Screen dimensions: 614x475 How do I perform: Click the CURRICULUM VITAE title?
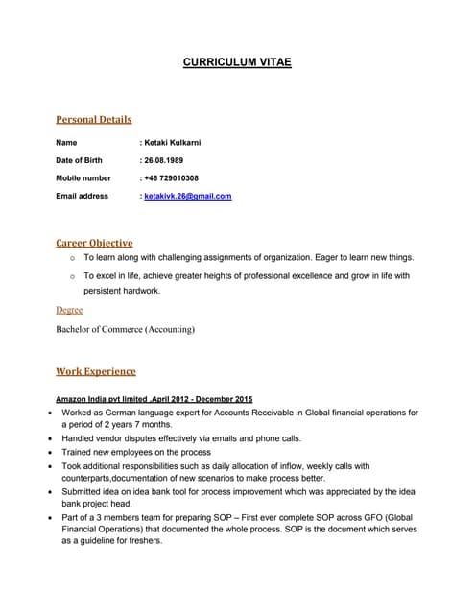237,63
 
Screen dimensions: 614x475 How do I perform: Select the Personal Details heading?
94,120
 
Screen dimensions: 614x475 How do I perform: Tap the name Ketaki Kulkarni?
172,143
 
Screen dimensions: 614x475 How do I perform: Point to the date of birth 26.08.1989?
165,160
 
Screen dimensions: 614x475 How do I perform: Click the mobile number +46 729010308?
171,178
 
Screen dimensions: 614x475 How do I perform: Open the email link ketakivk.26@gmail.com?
188,196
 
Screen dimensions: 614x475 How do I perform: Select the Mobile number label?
83,178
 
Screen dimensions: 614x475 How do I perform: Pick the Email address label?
83,196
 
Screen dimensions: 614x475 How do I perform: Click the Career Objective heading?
94,243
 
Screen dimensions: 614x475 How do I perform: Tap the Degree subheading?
69,310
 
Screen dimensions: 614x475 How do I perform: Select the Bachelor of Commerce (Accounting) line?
126,329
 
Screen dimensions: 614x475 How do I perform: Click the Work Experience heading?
96,371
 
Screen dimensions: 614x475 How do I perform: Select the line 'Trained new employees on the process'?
136,452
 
